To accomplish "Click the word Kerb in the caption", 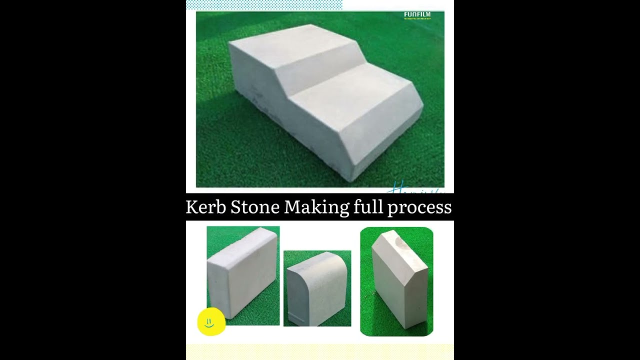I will tap(205, 207).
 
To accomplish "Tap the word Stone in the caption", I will tap(254, 207).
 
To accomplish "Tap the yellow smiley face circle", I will tap(211, 322).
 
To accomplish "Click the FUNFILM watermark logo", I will tap(417, 15).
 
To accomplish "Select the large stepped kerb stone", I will tap(320, 100).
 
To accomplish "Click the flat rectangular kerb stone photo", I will tap(243, 275).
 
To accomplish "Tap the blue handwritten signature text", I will tap(415, 189).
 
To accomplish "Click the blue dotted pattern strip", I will tap(264, 5).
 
